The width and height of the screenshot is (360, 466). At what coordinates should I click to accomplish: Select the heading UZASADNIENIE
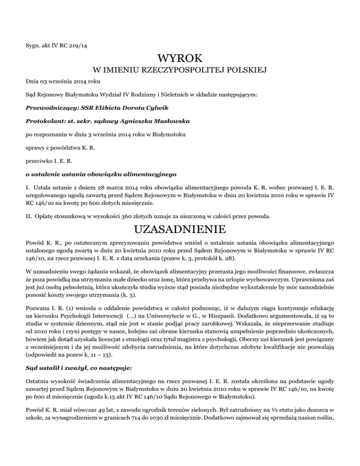tap(180, 230)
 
